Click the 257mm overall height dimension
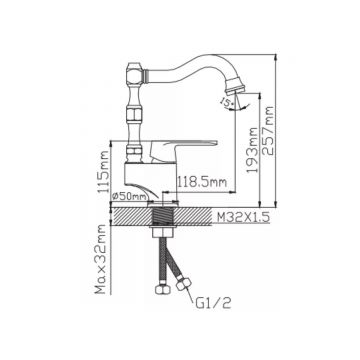click(x=268, y=131)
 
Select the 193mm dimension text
click(x=253, y=150)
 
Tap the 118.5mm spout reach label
click(x=201, y=182)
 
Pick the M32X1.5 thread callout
click(x=243, y=217)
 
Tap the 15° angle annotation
click(x=227, y=104)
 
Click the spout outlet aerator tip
click(x=236, y=86)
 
